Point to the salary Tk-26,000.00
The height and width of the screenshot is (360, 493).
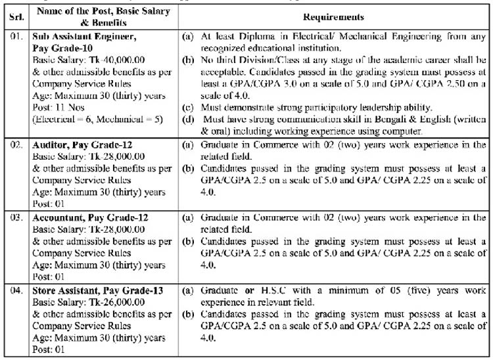pyautogui.click(x=133, y=302)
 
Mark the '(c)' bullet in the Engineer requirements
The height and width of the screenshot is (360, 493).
pyautogui.click(x=189, y=108)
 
